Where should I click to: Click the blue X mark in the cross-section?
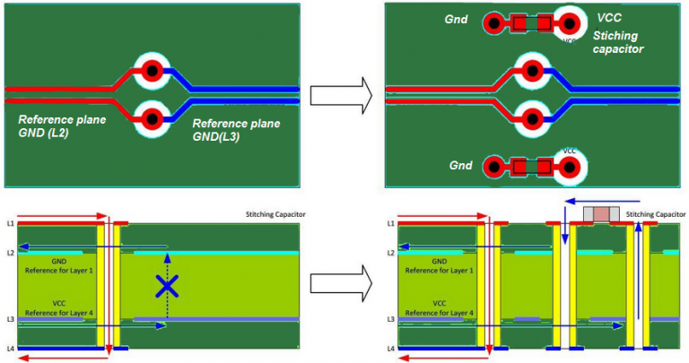(x=167, y=286)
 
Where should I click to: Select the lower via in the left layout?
(x=153, y=117)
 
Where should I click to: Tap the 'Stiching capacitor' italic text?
(x=618, y=42)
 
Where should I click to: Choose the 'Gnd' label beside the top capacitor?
(x=457, y=19)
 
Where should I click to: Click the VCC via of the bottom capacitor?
(x=568, y=166)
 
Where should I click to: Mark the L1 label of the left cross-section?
(x=10, y=222)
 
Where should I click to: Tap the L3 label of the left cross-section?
(x=10, y=319)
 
